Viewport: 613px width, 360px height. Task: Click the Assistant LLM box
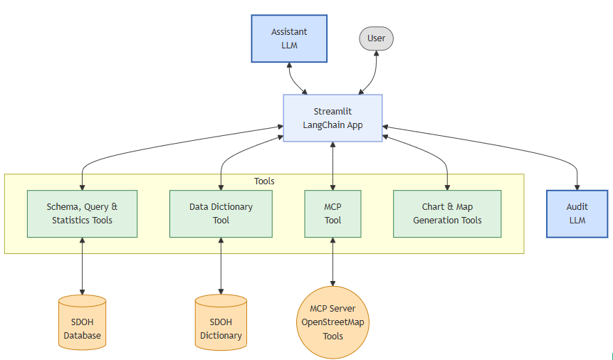click(289, 38)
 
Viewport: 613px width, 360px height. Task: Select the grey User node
click(376, 38)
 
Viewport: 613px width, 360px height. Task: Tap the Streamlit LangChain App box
click(332, 118)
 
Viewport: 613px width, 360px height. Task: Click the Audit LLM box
click(577, 213)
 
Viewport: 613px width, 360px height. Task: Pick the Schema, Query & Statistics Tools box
click(82, 213)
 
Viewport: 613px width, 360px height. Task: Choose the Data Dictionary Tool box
click(221, 213)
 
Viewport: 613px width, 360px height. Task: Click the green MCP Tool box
click(332, 213)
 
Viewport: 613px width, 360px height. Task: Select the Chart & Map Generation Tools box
click(447, 213)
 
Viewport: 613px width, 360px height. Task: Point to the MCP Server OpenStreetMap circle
click(332, 322)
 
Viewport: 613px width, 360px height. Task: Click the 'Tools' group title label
click(264, 181)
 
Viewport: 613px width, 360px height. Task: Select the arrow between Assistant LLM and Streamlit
click(293, 78)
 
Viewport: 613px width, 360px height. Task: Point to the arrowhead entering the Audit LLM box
click(577, 186)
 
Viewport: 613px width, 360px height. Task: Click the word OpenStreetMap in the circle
click(332, 322)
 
